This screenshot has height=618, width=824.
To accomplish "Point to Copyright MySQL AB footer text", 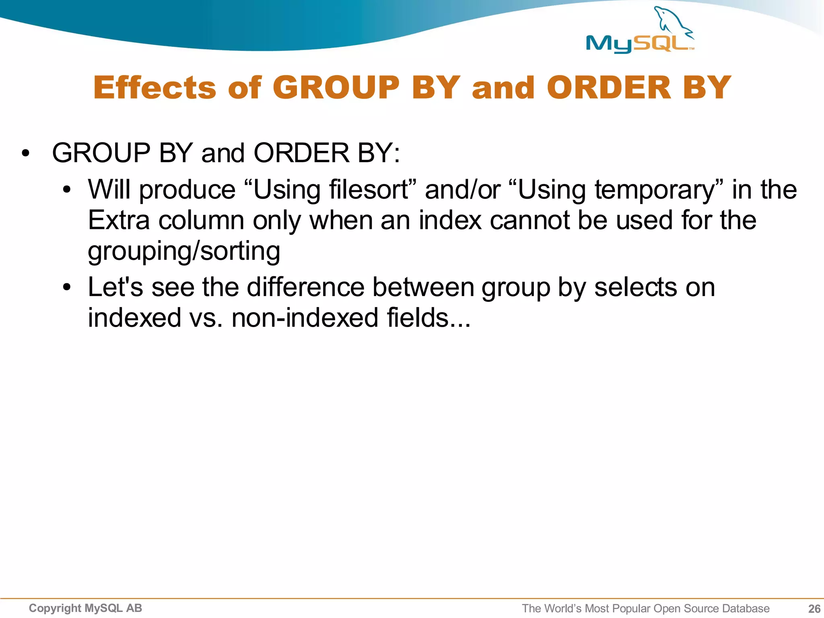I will point(85,608).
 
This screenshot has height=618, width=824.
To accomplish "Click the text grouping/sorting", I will point(184,251).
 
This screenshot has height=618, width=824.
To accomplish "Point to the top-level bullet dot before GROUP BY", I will point(26,154).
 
